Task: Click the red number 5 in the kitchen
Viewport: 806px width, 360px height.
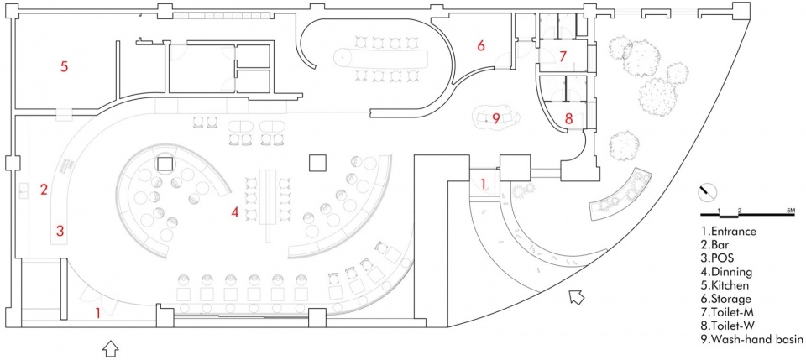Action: [64, 67]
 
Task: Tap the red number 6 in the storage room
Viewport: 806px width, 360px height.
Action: [481, 45]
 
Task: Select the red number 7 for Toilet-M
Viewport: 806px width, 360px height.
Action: [563, 56]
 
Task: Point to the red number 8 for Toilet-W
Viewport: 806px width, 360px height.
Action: [568, 118]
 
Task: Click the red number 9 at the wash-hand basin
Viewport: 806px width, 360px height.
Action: [495, 118]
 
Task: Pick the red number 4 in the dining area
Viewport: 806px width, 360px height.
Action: [235, 211]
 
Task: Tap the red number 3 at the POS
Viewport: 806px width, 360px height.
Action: [60, 231]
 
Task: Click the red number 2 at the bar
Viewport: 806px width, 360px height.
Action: [44, 189]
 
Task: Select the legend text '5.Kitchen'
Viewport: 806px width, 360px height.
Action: [725, 284]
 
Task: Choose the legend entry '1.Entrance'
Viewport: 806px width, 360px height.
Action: [729, 231]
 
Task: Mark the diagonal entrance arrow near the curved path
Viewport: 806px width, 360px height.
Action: [578, 297]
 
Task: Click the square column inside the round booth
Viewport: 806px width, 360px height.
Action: [165, 164]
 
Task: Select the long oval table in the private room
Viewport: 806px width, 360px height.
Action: [383, 59]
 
